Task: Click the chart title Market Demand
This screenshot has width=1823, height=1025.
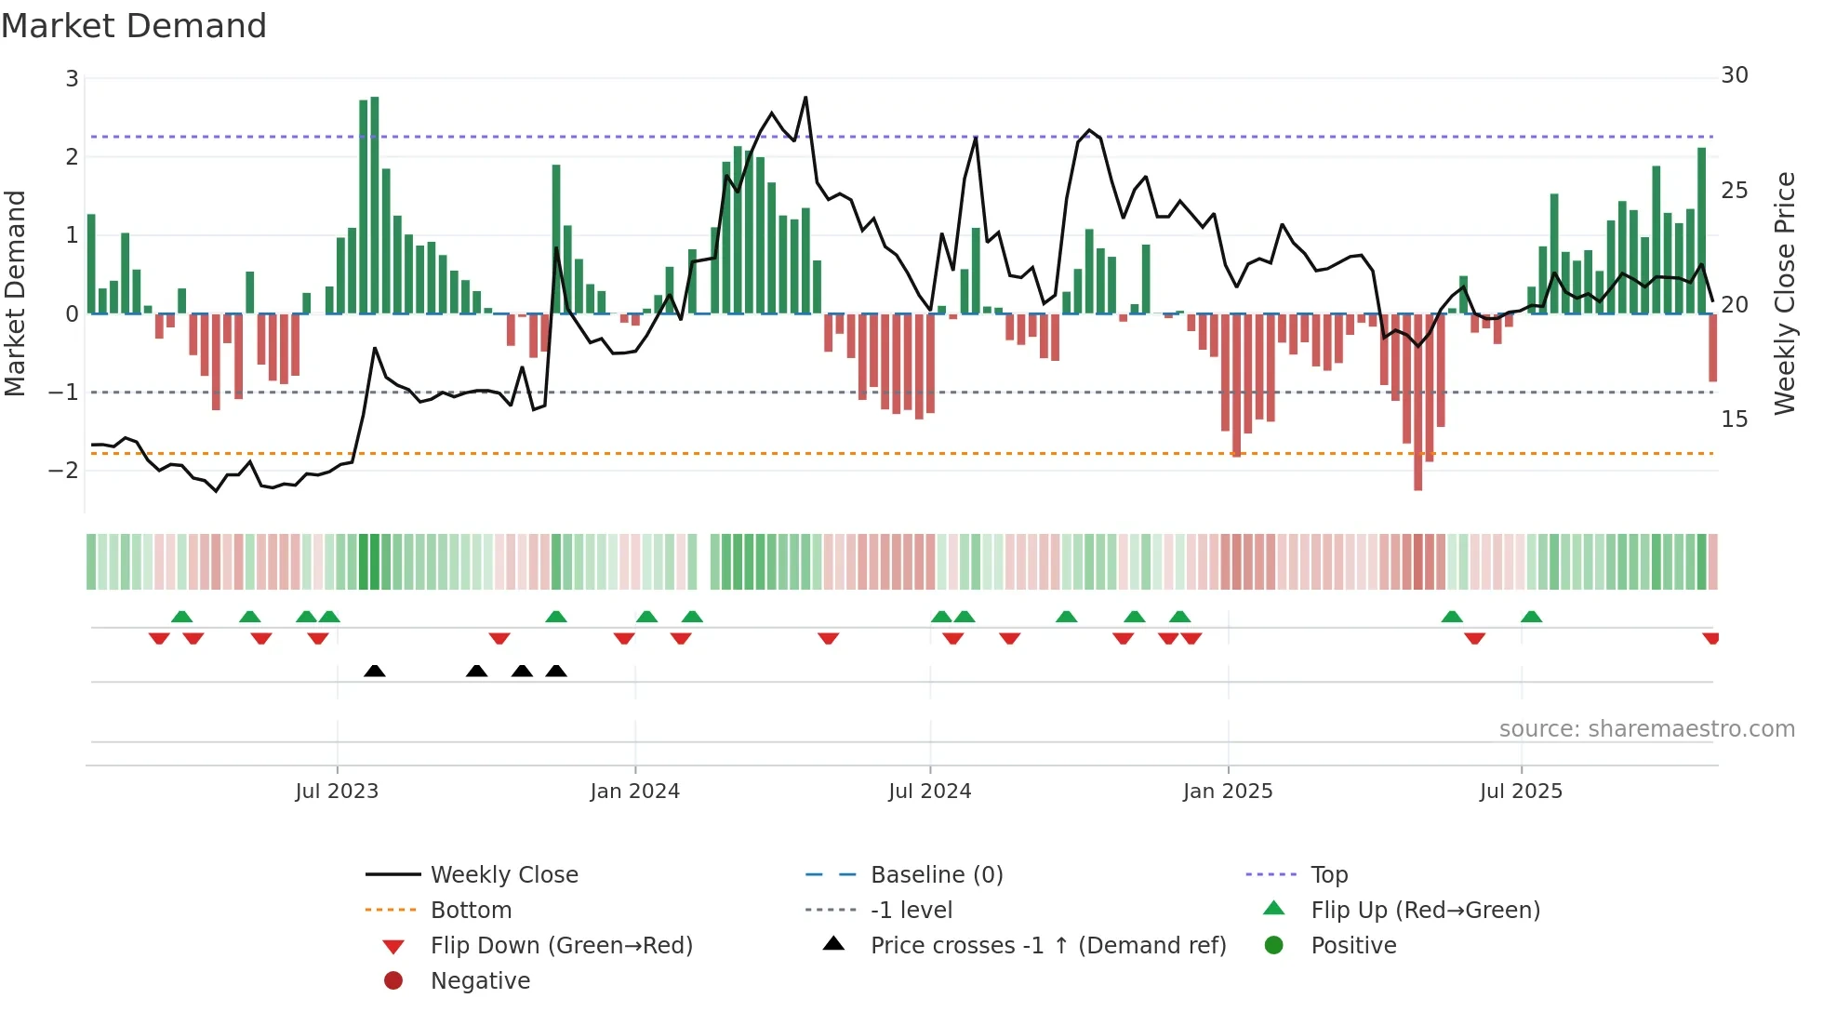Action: (134, 26)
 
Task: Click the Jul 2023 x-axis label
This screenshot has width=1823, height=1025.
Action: (337, 792)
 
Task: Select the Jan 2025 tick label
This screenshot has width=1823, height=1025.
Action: (1228, 792)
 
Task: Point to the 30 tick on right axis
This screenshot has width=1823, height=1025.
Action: (1734, 75)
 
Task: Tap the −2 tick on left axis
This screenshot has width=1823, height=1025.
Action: (63, 471)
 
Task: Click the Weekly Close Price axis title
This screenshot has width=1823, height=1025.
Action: (1784, 293)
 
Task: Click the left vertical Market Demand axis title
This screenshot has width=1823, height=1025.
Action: (16, 293)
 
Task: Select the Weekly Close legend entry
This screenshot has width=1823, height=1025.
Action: (503, 875)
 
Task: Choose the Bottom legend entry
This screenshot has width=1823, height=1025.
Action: (471, 911)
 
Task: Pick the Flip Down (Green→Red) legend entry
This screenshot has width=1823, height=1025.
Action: (561, 946)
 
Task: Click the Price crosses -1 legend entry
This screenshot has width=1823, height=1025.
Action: (1047, 946)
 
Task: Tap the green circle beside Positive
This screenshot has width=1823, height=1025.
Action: (1274, 946)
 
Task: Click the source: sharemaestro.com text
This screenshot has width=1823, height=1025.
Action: (1646, 729)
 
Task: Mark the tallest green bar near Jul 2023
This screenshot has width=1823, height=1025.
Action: (374, 205)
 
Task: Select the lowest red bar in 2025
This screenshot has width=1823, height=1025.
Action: (1417, 402)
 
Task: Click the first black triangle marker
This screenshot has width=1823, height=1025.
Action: (375, 671)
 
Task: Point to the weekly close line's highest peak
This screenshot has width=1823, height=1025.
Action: (805, 98)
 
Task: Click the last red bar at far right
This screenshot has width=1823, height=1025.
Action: (1712, 348)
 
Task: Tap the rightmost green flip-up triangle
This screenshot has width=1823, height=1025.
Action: (1531, 617)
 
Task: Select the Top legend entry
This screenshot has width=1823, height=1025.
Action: (1328, 875)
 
